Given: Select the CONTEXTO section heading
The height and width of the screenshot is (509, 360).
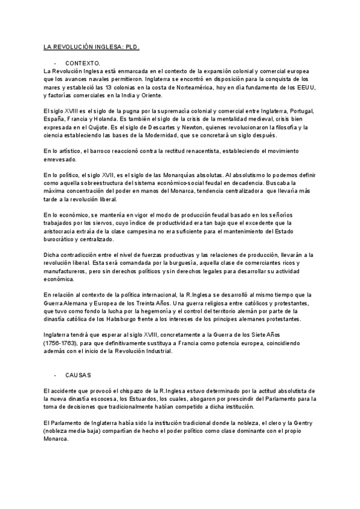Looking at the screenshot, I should [83, 64].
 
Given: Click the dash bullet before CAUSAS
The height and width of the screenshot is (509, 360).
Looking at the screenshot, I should [55, 375].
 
